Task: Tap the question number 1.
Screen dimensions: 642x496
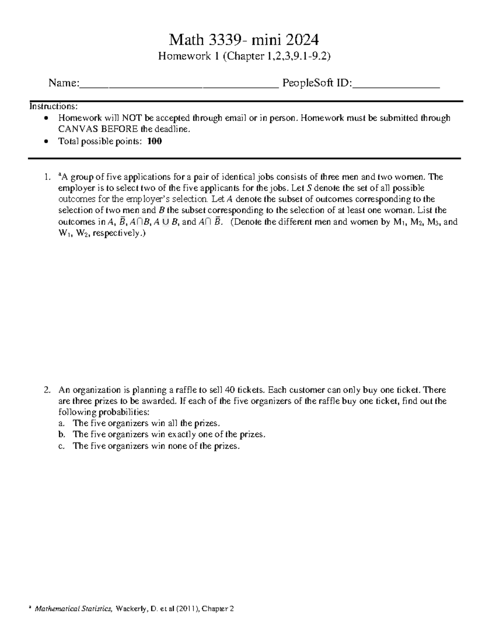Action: pyautogui.click(x=46, y=177)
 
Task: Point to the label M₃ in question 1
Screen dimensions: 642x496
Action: pyautogui.click(x=434, y=222)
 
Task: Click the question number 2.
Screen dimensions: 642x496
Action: pyautogui.click(x=47, y=390)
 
